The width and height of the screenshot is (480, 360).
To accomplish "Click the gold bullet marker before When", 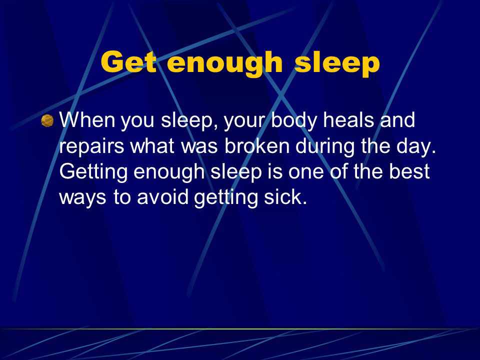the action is pos(47,120).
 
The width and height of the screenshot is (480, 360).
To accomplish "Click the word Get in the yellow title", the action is pos(129,62).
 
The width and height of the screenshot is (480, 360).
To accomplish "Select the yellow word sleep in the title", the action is pos(337,64).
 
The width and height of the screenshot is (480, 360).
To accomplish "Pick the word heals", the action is pos(348,119).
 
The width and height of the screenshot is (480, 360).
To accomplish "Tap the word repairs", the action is pos(91,147).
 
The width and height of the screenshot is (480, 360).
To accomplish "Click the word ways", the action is pos(82,198).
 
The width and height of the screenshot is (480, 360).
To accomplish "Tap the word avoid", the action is pos(162,197).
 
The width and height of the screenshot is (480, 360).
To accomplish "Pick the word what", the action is pos(152,145).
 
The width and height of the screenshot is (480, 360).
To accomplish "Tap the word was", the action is pos(199,147).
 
